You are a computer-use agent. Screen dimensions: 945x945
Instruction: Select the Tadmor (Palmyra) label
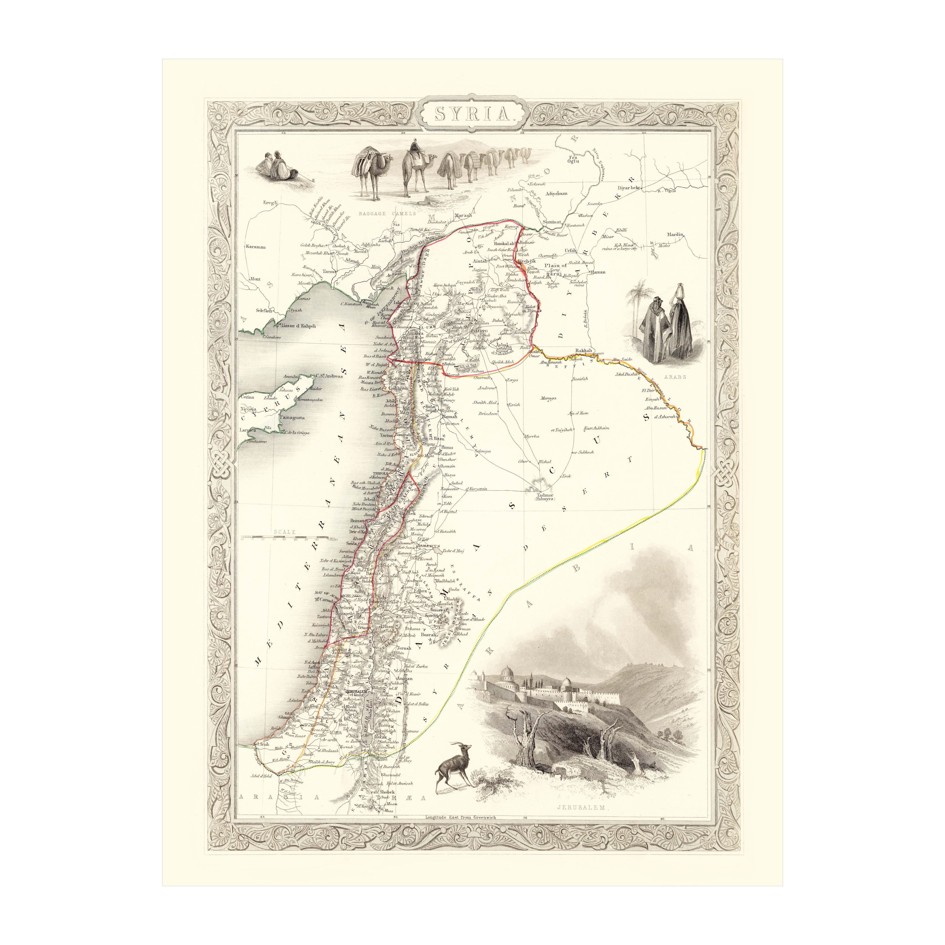[x=543, y=497]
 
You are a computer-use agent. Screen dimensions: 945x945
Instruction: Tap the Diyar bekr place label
[x=629, y=187]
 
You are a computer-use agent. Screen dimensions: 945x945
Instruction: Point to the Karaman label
[x=255, y=247]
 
